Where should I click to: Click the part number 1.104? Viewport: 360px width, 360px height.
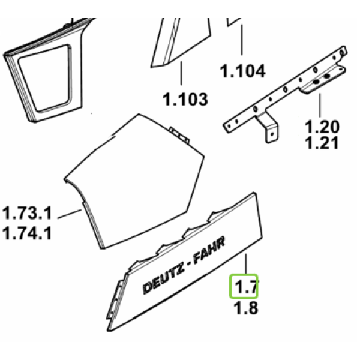(x=242, y=71)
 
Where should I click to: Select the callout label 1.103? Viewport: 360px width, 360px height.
(x=185, y=99)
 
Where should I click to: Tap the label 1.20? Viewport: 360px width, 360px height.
(x=322, y=127)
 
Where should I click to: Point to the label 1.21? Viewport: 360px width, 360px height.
(x=321, y=143)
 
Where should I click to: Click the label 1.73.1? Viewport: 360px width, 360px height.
(x=27, y=213)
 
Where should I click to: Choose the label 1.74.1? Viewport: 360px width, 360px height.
(x=27, y=233)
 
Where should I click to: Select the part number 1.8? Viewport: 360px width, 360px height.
(x=245, y=308)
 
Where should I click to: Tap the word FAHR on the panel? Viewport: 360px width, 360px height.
(x=209, y=250)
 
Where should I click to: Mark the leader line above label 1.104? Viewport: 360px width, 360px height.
(x=242, y=40)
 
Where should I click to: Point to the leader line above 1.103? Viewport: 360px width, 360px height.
(x=181, y=73)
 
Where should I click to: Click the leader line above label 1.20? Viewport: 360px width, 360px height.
(x=320, y=106)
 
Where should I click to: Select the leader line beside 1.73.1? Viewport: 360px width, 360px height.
(x=70, y=214)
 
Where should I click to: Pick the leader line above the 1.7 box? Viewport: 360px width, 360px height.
(x=246, y=263)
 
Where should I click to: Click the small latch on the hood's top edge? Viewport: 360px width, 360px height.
(x=179, y=135)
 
